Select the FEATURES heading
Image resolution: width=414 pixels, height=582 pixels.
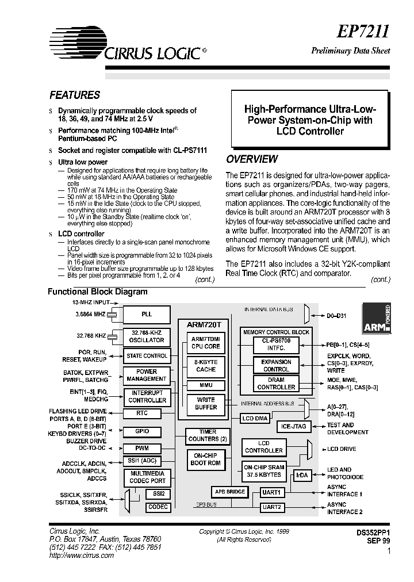point(75,95)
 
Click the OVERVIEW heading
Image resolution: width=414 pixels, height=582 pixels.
point(251,159)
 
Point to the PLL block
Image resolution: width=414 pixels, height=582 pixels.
point(147,315)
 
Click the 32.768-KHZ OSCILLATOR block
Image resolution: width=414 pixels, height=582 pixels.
point(147,336)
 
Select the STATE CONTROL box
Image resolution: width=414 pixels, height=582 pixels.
point(147,356)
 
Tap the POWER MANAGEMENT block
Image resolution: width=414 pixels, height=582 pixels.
point(147,376)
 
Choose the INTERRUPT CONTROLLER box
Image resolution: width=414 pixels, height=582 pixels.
point(147,396)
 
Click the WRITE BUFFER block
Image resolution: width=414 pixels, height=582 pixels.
point(205,403)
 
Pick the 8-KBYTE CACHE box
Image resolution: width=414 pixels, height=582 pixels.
point(205,365)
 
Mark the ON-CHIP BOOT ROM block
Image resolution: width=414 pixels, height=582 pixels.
point(205,459)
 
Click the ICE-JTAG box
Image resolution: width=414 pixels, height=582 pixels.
point(294,426)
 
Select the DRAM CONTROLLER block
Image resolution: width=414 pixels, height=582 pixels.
point(276,384)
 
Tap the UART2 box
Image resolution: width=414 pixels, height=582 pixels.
point(271,507)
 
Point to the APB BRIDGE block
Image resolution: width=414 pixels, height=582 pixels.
point(231,492)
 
